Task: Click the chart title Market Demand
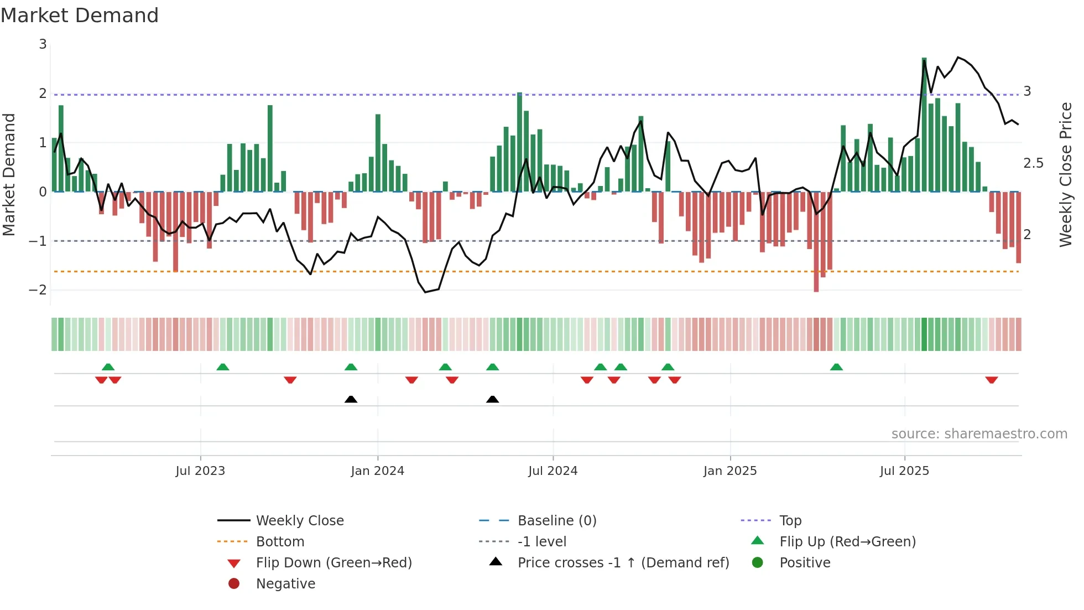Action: pos(80,15)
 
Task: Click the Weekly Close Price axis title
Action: pos(1065,174)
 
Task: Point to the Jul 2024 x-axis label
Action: pos(553,471)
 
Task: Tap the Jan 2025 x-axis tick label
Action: pos(729,471)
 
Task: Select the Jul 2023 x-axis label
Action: pos(200,471)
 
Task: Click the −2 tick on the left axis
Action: pos(38,290)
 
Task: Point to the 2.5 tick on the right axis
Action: pos(1033,163)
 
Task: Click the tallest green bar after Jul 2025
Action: pos(924,125)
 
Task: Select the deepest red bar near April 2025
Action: pos(816,242)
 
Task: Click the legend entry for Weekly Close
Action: pos(299,521)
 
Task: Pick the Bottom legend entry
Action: pos(280,542)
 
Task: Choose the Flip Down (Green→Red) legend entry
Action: pos(333,563)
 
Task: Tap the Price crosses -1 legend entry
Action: pos(623,563)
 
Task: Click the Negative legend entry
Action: pos(285,584)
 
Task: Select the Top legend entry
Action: pos(790,521)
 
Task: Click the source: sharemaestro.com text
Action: pos(979,434)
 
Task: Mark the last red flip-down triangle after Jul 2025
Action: pos(991,380)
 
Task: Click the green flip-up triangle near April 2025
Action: pos(836,367)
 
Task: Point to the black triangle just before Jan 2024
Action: pos(351,399)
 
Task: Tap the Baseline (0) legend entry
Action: pos(556,521)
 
